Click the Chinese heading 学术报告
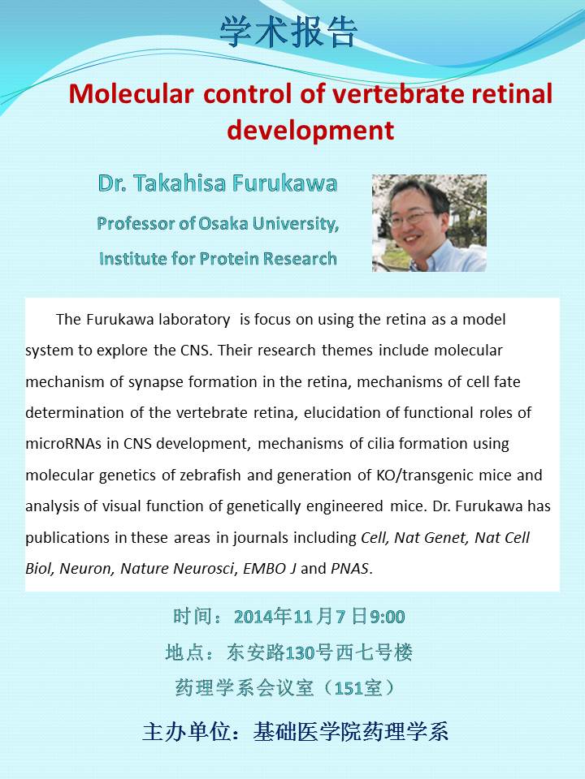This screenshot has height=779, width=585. pos(288,32)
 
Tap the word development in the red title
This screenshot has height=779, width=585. pos(310,130)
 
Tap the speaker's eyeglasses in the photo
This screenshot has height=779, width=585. pos(411,217)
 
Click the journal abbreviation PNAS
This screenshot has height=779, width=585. pos(350,568)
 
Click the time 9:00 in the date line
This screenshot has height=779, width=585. pos(387,617)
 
